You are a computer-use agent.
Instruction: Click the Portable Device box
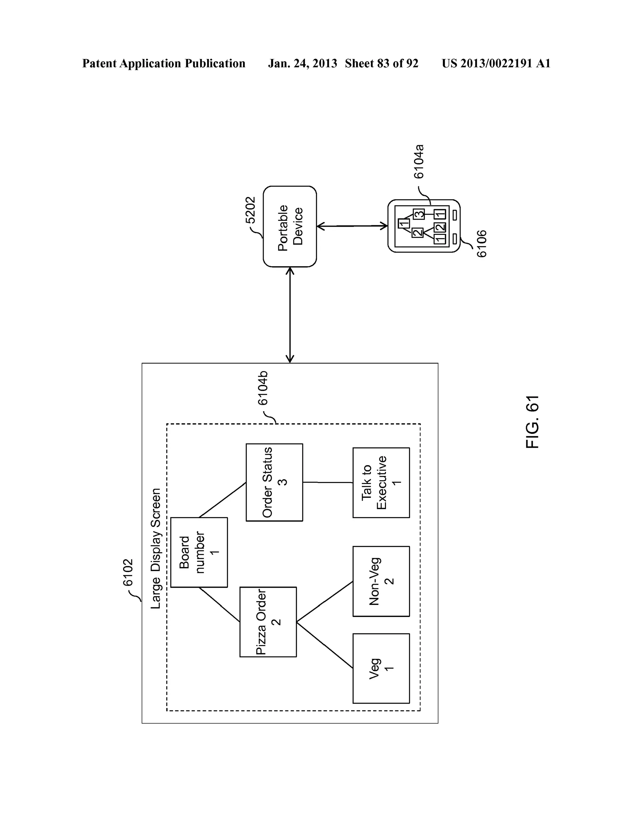(290, 226)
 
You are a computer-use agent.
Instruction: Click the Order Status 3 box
(274, 482)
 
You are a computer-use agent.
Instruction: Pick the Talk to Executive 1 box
(381, 483)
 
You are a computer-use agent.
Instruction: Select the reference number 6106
(481, 244)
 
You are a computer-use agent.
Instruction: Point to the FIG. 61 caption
(533, 422)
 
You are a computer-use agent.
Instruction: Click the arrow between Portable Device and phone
(352, 226)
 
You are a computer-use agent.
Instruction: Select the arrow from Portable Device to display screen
(290, 315)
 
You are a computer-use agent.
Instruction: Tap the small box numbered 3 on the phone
(418, 214)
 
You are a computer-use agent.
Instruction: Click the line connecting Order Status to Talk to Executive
(328, 482)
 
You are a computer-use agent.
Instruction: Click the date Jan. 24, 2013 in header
(302, 63)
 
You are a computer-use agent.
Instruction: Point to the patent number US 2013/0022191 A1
(496, 63)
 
